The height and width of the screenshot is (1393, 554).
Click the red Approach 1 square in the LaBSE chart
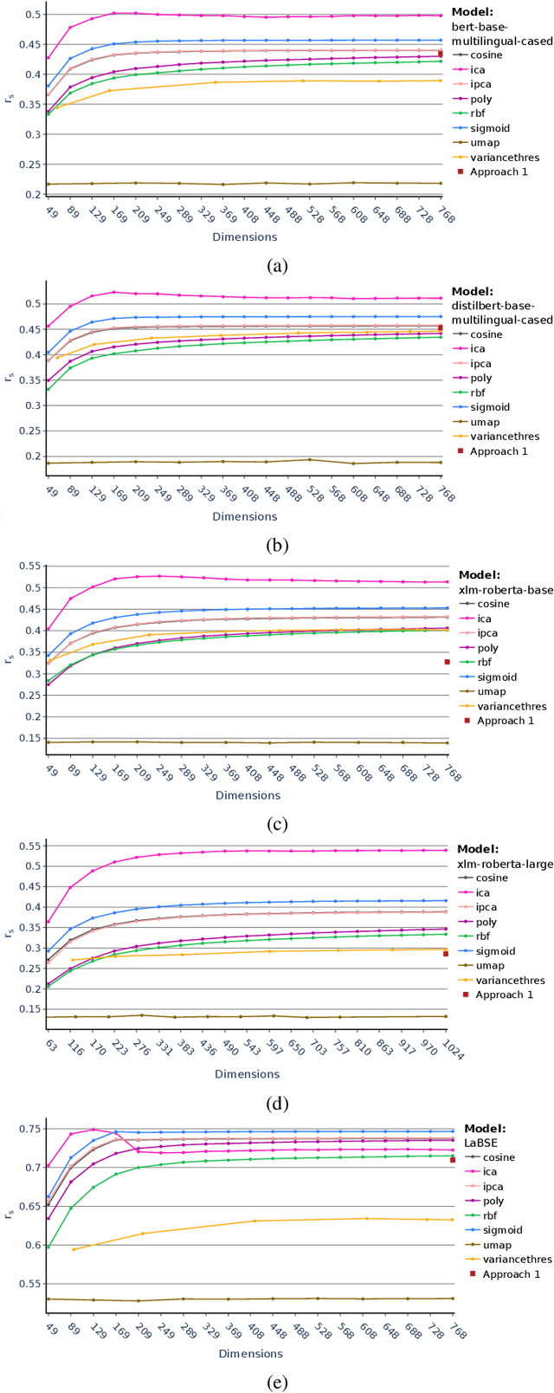coord(453,1160)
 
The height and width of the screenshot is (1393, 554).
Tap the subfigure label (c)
coord(276,825)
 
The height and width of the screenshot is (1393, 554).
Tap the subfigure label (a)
coord(276,266)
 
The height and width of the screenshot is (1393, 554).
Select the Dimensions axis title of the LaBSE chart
coord(250,1353)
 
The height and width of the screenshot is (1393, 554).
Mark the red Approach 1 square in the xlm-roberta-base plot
coord(448,662)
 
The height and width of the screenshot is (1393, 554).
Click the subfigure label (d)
coord(276,1104)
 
